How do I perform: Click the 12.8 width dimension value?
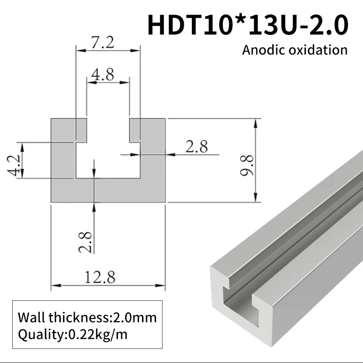click(x=101, y=276)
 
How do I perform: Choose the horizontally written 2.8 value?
click(x=196, y=147)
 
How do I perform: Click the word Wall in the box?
click(x=32, y=317)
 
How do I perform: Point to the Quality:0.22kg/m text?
click(x=73, y=335)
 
